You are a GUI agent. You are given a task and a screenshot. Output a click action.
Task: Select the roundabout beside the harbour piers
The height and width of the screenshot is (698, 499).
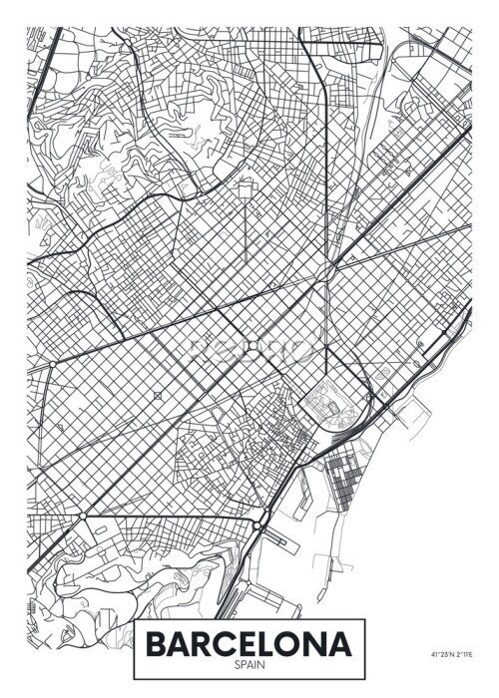tap(257, 525)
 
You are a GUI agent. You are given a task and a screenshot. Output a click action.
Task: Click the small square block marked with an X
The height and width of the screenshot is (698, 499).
tap(158, 396)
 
